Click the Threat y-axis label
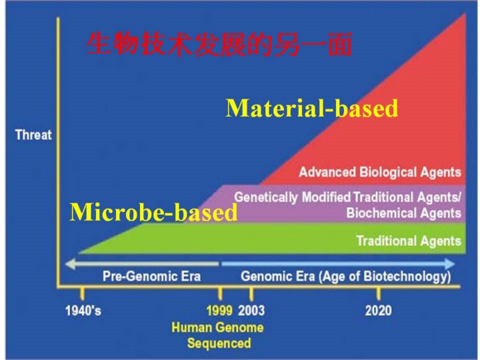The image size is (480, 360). (33, 135)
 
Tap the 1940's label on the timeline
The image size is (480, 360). (83, 311)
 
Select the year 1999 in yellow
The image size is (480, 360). (219, 311)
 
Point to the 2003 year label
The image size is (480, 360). (251, 311)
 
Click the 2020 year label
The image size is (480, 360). (379, 311)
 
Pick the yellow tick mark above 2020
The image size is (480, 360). (379, 294)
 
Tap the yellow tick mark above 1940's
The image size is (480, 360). (82, 294)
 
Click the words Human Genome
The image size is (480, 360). (217, 327)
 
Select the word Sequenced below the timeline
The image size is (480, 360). (219, 343)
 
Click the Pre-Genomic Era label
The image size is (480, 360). (151, 277)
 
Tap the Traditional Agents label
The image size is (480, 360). (409, 241)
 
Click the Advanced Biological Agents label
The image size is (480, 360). (380, 172)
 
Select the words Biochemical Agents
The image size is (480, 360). (404, 213)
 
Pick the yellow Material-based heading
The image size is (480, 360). (311, 108)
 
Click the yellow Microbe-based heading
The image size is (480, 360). (153, 211)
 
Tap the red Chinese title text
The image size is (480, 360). (219, 45)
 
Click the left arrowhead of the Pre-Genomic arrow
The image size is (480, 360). (71, 264)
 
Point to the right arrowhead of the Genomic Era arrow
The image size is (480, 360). (449, 264)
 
